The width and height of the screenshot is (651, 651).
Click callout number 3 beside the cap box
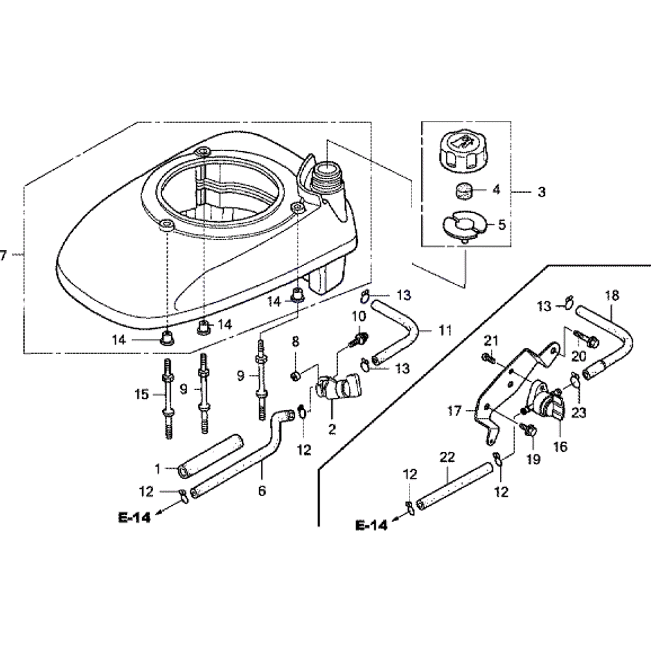point(542,193)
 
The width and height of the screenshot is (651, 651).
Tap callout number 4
point(496,191)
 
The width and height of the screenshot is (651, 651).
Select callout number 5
point(501,225)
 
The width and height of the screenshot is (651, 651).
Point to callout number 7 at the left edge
point(4,256)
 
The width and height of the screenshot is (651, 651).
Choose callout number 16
point(560,447)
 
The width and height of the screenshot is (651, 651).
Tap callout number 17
point(454,411)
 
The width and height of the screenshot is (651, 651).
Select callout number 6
point(262,491)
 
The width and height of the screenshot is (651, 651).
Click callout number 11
point(445,331)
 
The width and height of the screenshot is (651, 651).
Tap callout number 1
point(157,467)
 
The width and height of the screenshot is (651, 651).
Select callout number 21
point(491,339)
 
